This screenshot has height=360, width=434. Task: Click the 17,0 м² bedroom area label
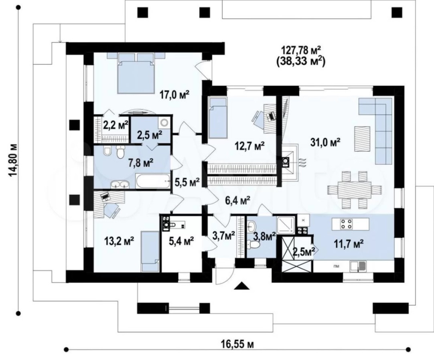(174, 95)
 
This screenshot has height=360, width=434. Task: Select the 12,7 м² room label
(249, 146)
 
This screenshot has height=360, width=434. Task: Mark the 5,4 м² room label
(181, 241)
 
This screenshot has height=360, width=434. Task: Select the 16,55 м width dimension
(237, 344)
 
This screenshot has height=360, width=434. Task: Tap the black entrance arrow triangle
(242, 285)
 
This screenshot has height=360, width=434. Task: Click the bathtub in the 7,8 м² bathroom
(153, 181)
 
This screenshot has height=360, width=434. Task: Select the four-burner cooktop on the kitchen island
(347, 224)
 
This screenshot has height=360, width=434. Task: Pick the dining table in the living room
(354, 190)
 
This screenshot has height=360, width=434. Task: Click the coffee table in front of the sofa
(362, 139)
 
